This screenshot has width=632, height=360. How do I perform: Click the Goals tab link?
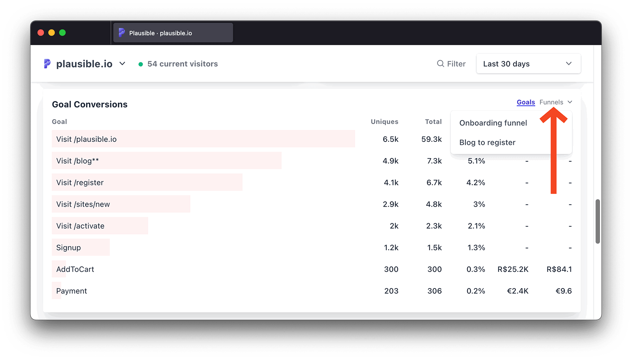526,102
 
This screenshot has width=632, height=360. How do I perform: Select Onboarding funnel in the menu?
493,123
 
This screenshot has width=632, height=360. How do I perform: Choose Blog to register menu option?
487,142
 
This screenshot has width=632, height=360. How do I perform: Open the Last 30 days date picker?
528,64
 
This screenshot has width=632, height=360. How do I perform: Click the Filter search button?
451,64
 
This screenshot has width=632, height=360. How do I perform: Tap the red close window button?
41,33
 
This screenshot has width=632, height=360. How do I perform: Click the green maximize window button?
62,33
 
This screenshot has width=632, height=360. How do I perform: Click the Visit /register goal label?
80,183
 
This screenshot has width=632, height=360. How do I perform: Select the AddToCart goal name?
75,269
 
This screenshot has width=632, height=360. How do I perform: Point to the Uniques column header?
384,122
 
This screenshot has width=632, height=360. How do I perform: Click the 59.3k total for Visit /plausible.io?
431,139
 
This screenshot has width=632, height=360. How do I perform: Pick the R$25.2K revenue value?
513,269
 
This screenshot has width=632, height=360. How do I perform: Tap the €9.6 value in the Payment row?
563,291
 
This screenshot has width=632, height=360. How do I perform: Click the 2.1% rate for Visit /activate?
476,226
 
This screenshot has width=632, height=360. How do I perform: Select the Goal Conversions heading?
90,104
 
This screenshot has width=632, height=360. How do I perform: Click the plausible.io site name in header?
84,64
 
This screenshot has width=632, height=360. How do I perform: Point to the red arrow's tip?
553,109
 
